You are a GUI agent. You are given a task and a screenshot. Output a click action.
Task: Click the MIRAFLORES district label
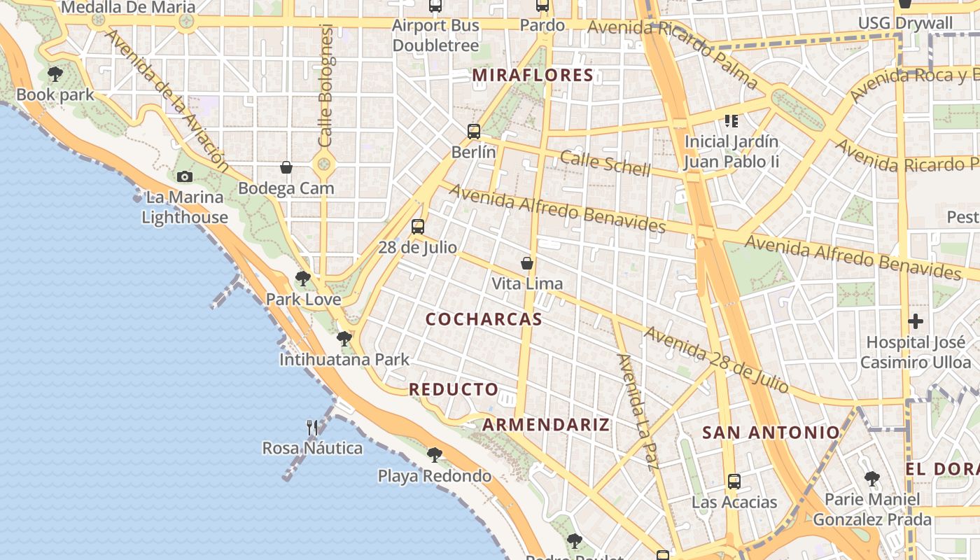pyautogui.click(x=533, y=75)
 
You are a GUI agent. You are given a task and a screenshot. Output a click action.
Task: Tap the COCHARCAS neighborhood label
pyautogui.click(x=484, y=319)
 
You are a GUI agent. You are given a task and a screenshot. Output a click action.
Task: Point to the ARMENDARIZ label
pyautogui.click(x=546, y=425)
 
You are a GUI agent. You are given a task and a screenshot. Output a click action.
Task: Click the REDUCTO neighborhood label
pyautogui.click(x=454, y=389)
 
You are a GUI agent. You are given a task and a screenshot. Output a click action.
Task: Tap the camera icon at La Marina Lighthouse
pyautogui.click(x=185, y=177)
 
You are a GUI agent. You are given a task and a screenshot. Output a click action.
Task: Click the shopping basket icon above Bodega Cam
pyautogui.click(x=286, y=167)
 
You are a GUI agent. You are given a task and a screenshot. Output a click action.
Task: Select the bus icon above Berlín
pyautogui.click(x=474, y=131)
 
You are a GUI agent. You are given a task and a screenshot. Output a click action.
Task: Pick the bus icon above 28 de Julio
pyautogui.click(x=418, y=226)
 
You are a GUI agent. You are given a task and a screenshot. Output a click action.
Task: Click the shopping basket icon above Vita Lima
pyautogui.click(x=527, y=263)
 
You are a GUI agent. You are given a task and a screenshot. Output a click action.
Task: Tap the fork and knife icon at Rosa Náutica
pyautogui.click(x=312, y=427)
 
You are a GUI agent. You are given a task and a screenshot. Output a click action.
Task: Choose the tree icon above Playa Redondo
pyautogui.click(x=435, y=455)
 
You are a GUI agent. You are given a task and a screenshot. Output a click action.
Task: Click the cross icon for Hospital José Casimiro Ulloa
pyautogui.click(x=916, y=321)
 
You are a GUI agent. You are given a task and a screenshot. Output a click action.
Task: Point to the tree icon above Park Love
pyautogui.click(x=303, y=279)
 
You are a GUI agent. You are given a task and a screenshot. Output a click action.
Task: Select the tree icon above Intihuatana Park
pyautogui.click(x=344, y=339)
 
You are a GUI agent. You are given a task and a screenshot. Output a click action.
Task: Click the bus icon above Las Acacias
pyautogui.click(x=734, y=481)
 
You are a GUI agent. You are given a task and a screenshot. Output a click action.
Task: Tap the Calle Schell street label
pyautogui.click(x=605, y=163)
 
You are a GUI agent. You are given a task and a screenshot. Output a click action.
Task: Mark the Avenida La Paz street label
pyautogui.click(x=638, y=412)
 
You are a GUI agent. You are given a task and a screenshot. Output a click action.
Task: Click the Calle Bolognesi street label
pyautogui.click(x=325, y=85)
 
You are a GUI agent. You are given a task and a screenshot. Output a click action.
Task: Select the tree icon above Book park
pyautogui.click(x=55, y=73)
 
